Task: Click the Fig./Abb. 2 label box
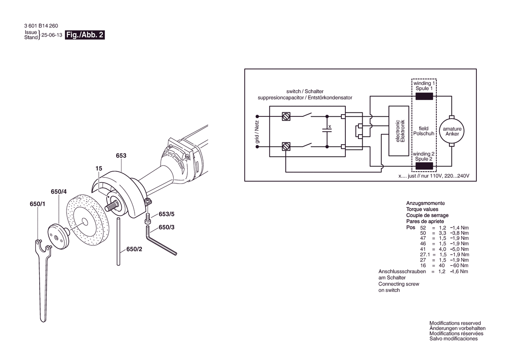(85, 35)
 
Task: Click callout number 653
(121, 156)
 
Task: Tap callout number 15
(99, 168)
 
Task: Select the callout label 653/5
(166, 214)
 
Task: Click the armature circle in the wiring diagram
(452, 131)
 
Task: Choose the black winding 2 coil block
(424, 166)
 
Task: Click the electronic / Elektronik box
(399, 131)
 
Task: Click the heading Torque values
(422, 209)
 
